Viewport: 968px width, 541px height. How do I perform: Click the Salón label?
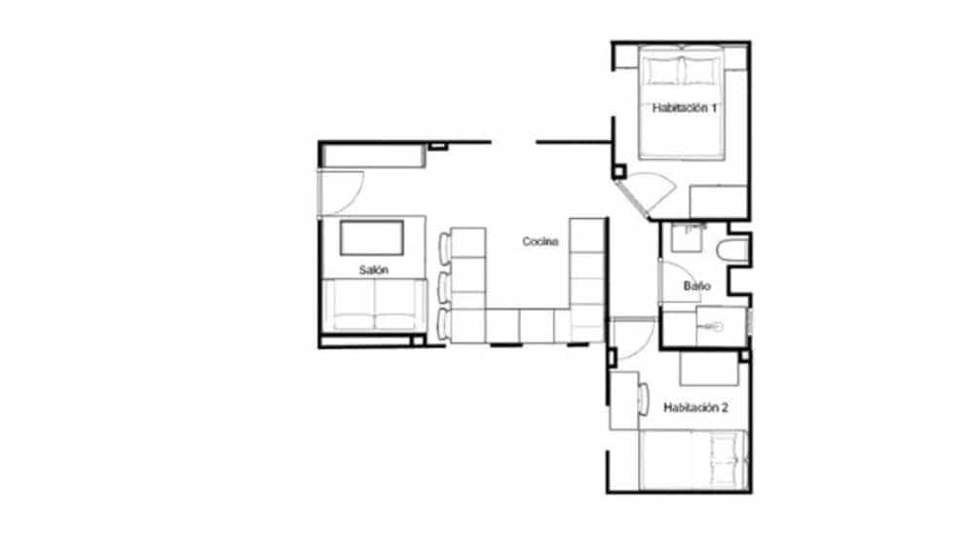click(x=374, y=270)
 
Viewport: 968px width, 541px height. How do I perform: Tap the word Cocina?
click(x=540, y=241)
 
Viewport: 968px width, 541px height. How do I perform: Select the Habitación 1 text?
click(x=684, y=108)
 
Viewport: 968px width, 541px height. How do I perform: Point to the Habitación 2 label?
click(x=695, y=408)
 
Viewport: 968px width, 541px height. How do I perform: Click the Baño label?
click(x=697, y=286)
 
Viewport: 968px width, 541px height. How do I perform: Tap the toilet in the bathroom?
click(x=732, y=250)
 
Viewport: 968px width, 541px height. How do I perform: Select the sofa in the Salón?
click(x=375, y=306)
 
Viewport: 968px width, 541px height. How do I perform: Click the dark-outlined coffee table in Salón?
click(x=372, y=237)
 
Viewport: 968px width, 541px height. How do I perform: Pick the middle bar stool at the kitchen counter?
click(x=444, y=286)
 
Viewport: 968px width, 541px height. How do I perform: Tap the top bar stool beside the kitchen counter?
click(x=444, y=247)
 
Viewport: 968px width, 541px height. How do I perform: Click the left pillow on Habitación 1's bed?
click(x=662, y=70)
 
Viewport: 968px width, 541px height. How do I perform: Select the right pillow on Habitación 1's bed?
click(x=701, y=70)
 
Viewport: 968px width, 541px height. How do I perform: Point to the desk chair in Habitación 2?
click(x=643, y=400)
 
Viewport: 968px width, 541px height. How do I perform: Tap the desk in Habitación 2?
click(x=623, y=400)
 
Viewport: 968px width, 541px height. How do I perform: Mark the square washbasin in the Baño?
click(x=688, y=238)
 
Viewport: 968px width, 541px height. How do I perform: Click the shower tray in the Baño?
click(x=721, y=326)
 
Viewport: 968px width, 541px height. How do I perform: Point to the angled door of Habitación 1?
click(x=633, y=198)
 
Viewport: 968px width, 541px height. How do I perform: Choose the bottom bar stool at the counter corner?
click(x=444, y=324)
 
